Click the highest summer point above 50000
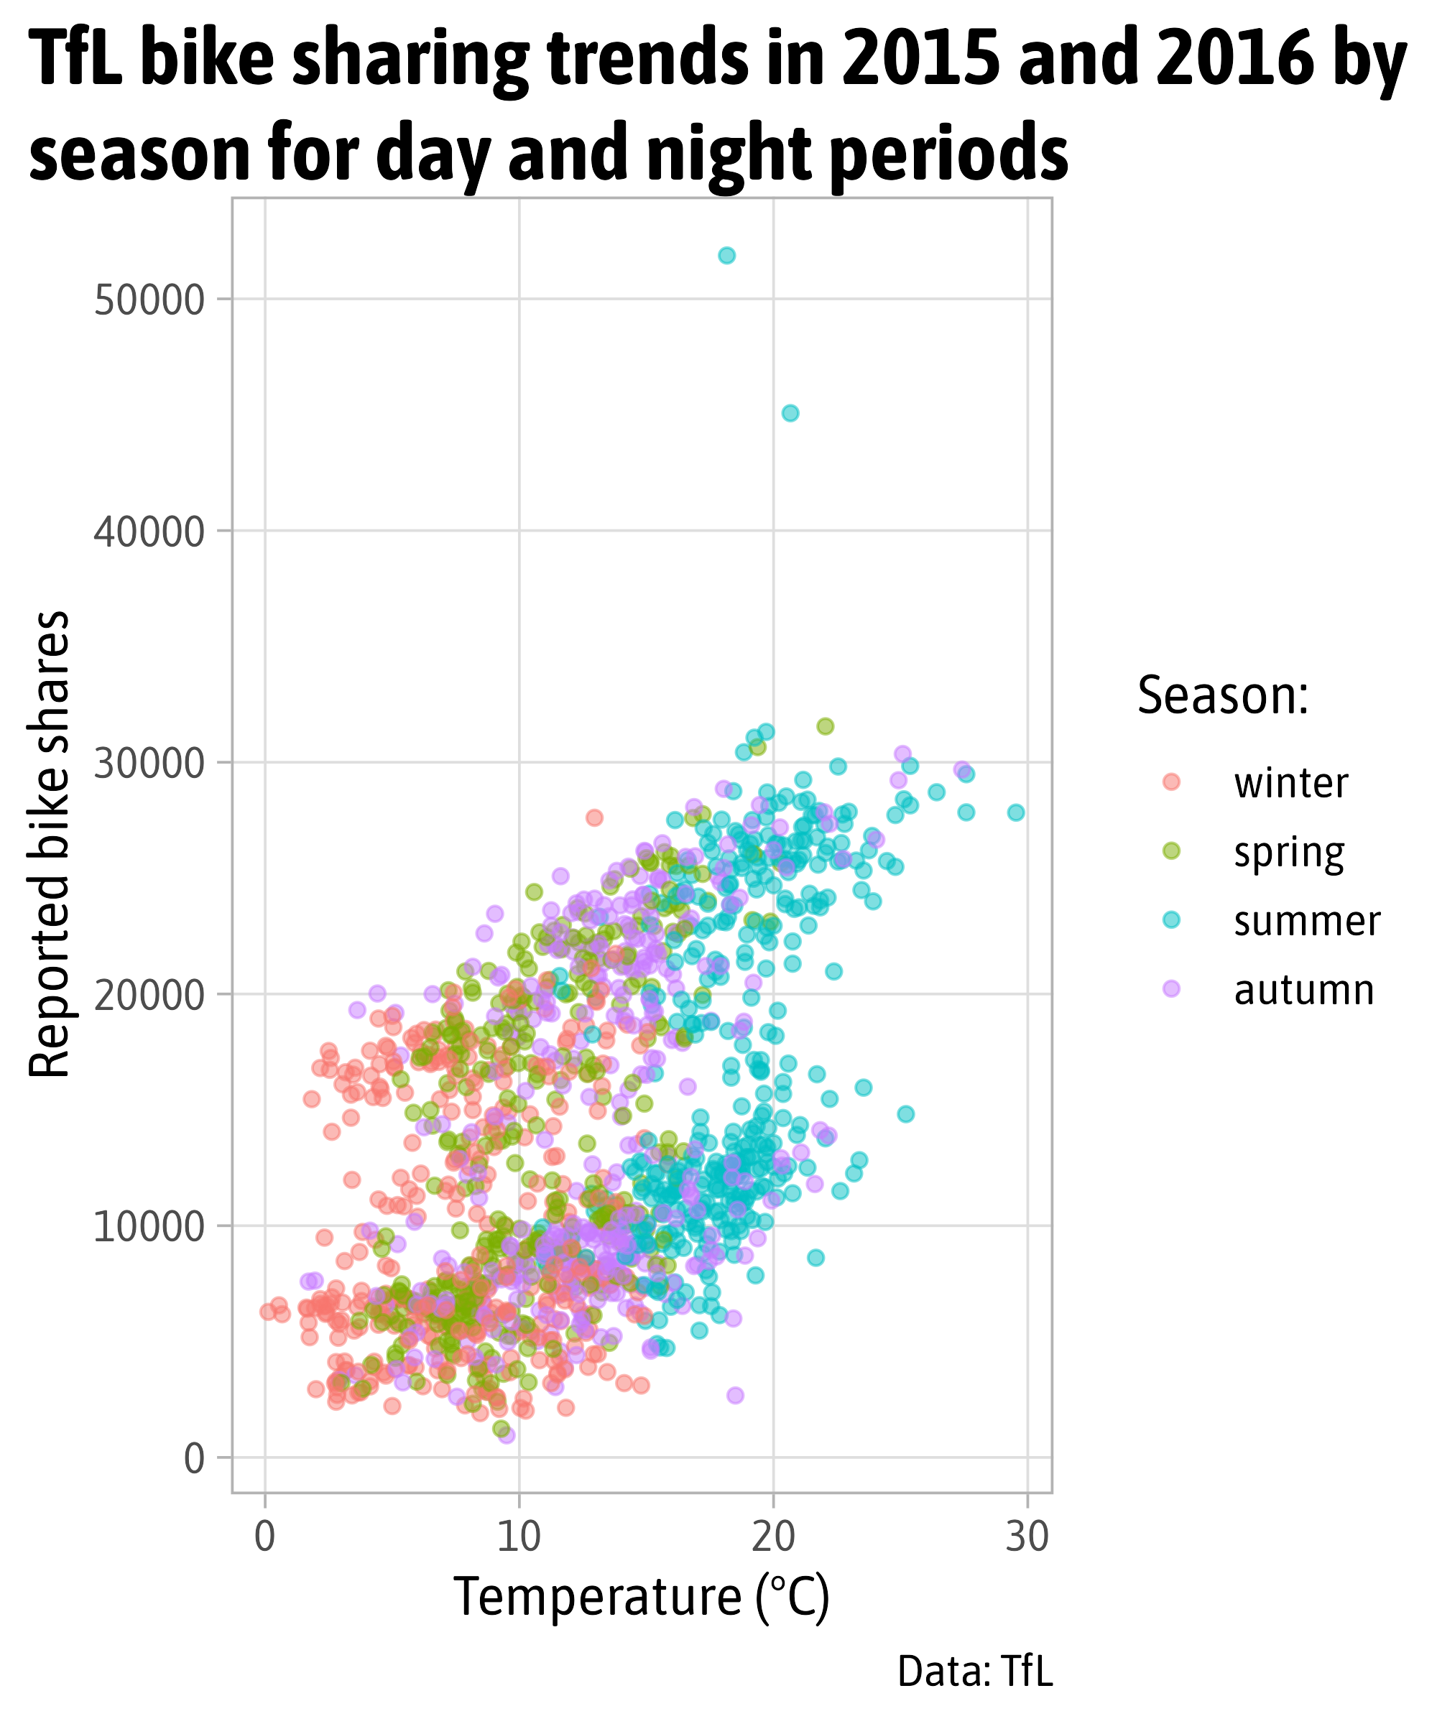point(726,255)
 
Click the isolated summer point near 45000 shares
point(790,413)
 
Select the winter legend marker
point(1172,782)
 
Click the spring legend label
point(1289,853)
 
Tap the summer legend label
point(1307,921)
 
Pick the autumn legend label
point(1304,990)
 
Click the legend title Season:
point(1223,695)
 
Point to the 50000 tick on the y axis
point(149,300)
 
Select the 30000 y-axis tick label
point(149,764)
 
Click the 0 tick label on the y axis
point(195,1459)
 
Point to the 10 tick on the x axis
point(519,1537)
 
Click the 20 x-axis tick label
point(772,1537)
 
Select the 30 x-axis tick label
point(1027,1537)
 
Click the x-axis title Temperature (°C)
point(642,1598)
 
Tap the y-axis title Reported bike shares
point(50,844)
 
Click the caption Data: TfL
point(975,1672)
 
